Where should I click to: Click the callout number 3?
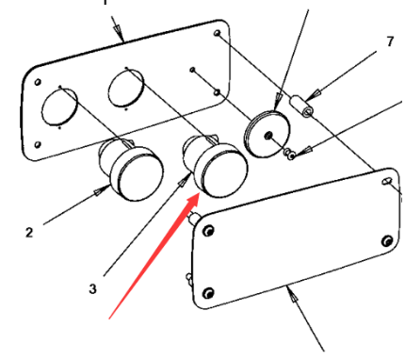click(92, 288)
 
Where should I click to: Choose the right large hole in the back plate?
click(125, 87)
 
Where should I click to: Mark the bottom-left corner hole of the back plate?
click(39, 145)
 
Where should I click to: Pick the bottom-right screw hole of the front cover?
click(385, 243)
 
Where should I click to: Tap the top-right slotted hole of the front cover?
click(387, 179)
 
